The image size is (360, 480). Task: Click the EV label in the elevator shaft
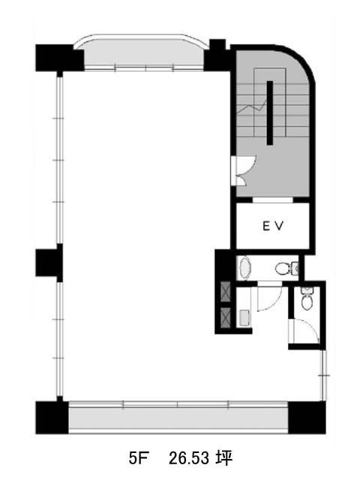(273, 226)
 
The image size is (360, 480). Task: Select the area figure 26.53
(189, 458)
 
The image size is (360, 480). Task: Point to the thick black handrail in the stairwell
(270, 112)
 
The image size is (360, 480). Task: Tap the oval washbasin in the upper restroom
(245, 268)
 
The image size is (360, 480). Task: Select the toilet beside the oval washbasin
(286, 268)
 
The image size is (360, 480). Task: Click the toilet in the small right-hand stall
(307, 298)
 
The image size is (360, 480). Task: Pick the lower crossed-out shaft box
(226, 316)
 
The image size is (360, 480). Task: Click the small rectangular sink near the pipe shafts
(244, 317)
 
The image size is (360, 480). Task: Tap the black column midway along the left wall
(49, 262)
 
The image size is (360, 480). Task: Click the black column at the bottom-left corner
(52, 417)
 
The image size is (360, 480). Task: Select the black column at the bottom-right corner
(307, 417)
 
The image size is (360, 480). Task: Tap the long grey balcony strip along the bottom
(178, 419)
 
